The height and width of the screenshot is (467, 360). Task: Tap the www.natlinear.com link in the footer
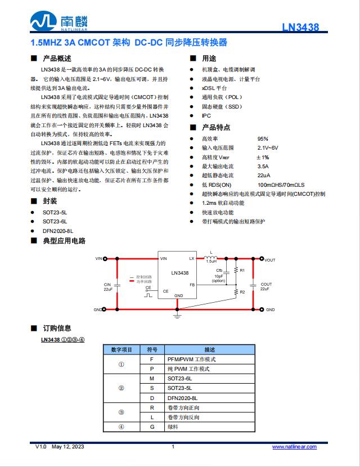[294, 447]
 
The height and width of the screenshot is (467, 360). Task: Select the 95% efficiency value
[263, 138]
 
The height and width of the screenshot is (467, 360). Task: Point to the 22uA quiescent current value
[263, 175]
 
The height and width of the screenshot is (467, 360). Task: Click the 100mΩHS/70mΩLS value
[281, 185]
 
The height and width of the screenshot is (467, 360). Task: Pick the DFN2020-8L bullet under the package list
[58, 231]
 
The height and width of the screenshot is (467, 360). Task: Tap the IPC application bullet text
[206, 115]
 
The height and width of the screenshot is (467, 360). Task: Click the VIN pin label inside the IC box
[164, 259]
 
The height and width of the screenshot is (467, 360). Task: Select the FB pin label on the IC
[192, 285]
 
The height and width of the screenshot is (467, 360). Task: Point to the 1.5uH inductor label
[211, 262]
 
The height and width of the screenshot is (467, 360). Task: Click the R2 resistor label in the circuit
[242, 293]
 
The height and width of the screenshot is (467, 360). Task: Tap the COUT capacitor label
[266, 285]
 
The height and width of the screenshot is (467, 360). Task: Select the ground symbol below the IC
[177, 316]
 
